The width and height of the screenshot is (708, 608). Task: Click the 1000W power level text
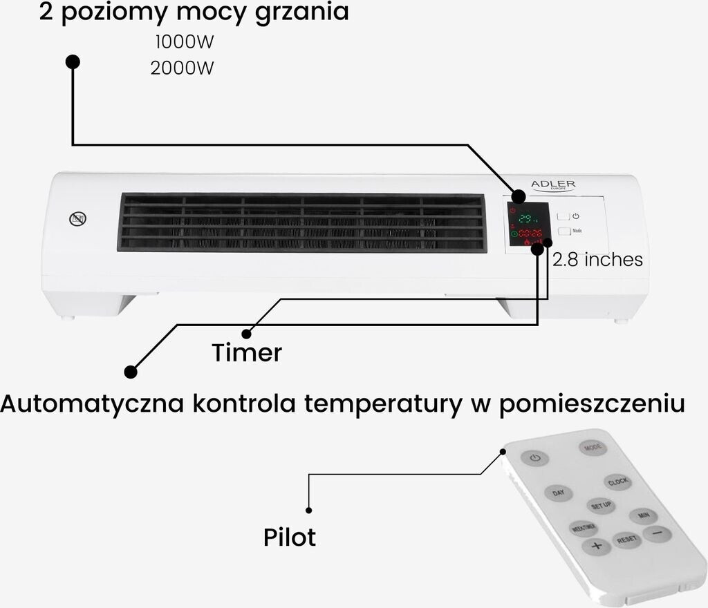[184, 42]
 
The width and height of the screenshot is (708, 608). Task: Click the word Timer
[247, 353]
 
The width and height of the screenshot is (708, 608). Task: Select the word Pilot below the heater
[290, 537]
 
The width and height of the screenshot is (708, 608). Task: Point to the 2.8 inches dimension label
[598, 260]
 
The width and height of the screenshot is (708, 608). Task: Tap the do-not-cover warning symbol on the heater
[78, 220]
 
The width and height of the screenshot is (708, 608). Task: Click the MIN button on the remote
[642, 516]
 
